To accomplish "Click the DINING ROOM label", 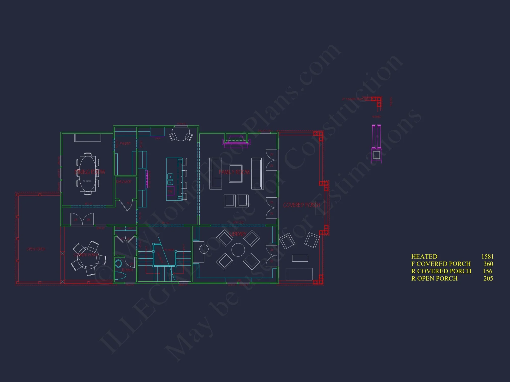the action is click(x=90, y=172).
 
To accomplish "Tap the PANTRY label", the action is click(x=125, y=144).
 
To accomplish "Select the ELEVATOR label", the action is click(x=124, y=182).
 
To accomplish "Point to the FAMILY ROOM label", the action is click(x=234, y=172).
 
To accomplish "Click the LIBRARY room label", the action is click(x=238, y=234).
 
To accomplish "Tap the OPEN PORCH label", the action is click(x=36, y=249).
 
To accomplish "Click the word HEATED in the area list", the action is click(x=424, y=256).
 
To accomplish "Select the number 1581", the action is click(x=487, y=256).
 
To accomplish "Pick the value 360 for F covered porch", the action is click(x=488, y=264).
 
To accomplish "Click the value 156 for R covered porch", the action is click(x=488, y=271).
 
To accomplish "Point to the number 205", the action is click(x=488, y=279).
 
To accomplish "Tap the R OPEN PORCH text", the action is click(x=434, y=279).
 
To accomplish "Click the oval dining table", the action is click(x=87, y=173).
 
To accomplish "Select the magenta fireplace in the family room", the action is click(x=236, y=142).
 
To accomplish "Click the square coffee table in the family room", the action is click(x=236, y=173).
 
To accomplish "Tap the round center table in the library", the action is click(x=238, y=250).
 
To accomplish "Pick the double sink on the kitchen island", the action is click(x=170, y=179).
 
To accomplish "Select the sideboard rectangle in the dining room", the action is click(x=88, y=138).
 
